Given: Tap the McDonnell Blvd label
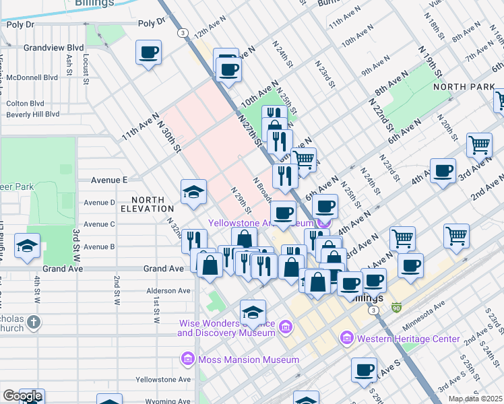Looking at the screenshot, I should (32, 77).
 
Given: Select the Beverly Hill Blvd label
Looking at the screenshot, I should (28, 115).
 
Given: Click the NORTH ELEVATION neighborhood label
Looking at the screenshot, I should (148, 205).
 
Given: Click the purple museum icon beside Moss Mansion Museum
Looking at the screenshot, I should (187, 360).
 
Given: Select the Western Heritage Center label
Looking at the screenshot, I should (408, 339).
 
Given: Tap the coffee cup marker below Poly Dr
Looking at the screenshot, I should (148, 52).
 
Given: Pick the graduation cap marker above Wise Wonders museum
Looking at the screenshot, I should (253, 312).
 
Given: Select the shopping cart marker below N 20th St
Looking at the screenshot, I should (479, 144).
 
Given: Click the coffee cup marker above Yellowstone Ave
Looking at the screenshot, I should (364, 370).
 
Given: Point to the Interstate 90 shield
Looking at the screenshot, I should (397, 308).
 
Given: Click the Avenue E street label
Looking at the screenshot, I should (109, 180).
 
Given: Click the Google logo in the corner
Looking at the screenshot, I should (22, 396).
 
